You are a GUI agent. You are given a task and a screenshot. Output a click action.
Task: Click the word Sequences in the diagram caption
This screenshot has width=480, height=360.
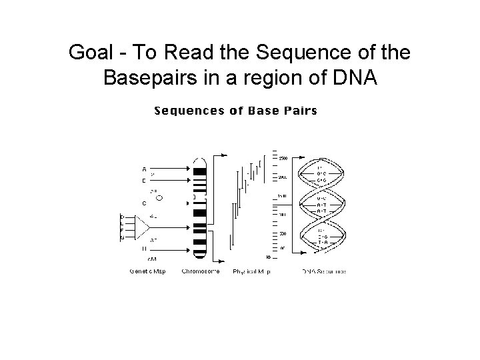pos(189,111)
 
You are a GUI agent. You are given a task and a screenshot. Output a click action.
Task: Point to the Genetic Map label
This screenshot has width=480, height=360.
pos(147,271)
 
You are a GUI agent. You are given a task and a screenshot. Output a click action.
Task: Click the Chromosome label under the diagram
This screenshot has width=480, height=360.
pos(201,271)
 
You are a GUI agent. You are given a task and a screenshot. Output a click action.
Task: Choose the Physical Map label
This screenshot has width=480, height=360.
pos(251,271)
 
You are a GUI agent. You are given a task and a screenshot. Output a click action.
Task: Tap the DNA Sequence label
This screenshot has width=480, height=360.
pos(324,271)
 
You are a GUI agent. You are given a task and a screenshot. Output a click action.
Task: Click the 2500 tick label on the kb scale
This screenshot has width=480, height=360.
pos(283,158)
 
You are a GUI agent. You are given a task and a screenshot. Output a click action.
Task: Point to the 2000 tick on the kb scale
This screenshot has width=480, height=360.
pos(283,177)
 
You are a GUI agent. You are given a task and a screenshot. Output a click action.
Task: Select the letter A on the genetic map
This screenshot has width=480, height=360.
pos(144,168)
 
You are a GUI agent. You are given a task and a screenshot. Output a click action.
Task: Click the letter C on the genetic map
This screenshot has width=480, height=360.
pos(144,203)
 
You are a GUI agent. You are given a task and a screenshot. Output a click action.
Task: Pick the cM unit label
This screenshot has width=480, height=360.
pos(152,257)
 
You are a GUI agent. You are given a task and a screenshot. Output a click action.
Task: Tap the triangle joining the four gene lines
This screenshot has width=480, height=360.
pos(142,227)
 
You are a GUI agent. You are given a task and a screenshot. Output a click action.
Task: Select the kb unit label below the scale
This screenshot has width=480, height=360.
pos(268,257)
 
